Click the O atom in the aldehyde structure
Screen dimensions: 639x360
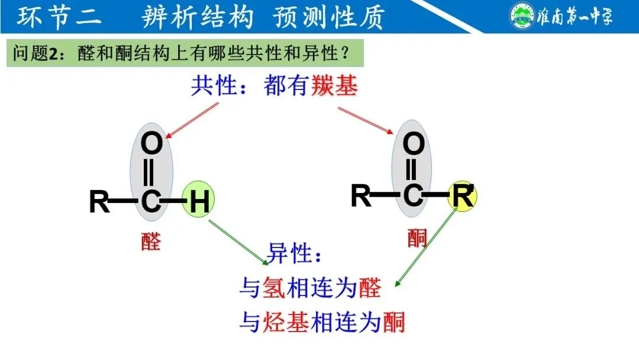[152, 144]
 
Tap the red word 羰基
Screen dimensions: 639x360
[334, 86]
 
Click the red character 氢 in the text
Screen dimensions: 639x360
[275, 289]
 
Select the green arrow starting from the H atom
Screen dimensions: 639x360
[237, 241]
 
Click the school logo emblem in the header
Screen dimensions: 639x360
[521, 16]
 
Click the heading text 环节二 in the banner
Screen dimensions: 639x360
[59, 17]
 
